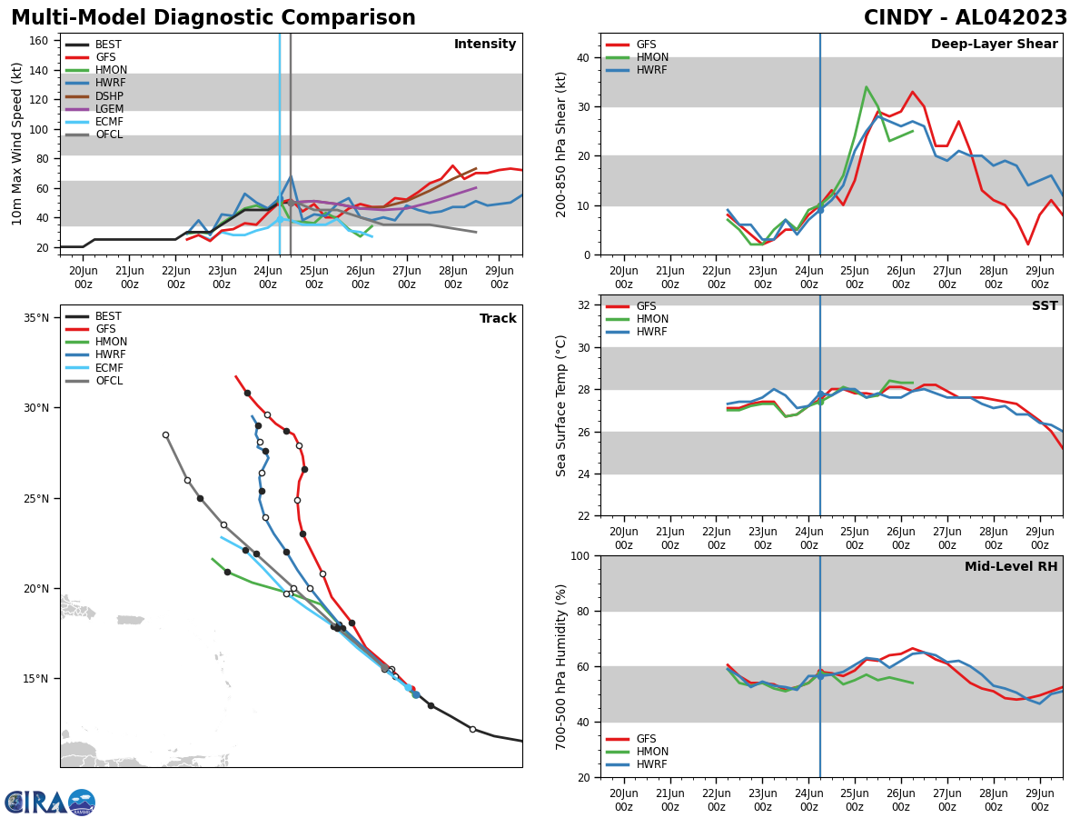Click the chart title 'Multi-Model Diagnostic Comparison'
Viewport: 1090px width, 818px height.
(x=213, y=18)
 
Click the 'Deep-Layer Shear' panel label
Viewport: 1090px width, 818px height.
(x=994, y=45)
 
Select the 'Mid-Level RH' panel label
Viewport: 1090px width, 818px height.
(x=1010, y=567)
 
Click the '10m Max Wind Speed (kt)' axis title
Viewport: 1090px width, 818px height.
(x=17, y=144)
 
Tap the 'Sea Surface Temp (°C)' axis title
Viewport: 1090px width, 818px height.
(x=561, y=405)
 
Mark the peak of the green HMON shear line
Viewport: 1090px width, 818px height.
(x=866, y=87)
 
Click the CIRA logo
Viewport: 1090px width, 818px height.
(x=50, y=803)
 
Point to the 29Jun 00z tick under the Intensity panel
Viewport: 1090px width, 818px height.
(x=499, y=277)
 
